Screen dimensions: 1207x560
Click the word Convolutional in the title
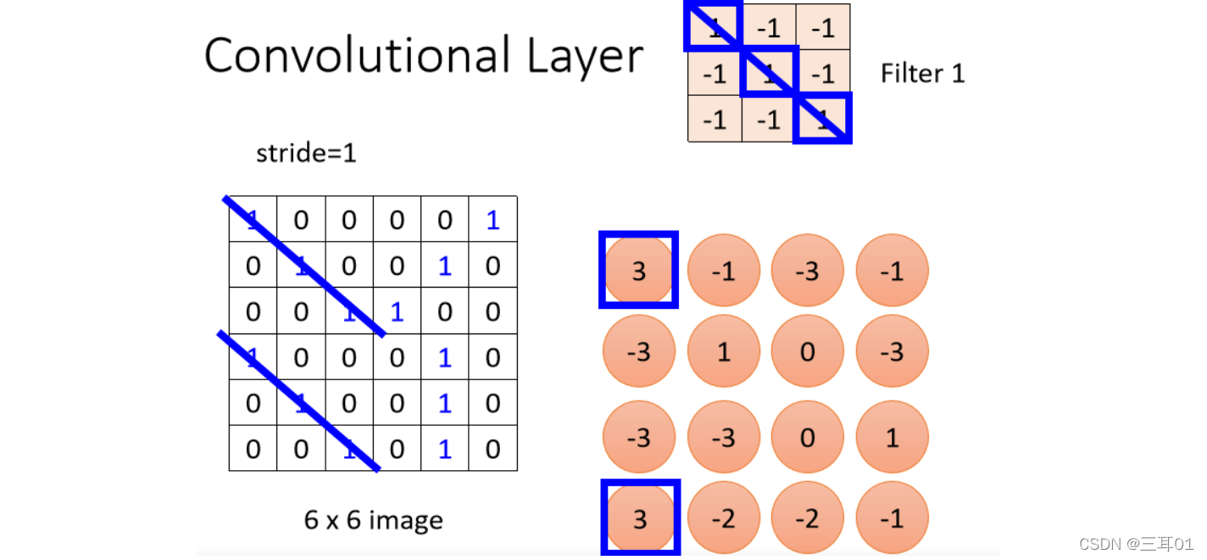click(x=357, y=55)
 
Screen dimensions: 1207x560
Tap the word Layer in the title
click(x=584, y=57)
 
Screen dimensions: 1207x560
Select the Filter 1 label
click(x=923, y=74)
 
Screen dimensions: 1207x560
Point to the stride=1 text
click(x=305, y=154)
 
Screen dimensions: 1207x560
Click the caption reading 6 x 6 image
click(x=373, y=519)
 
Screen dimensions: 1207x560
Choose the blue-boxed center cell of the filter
click(x=768, y=73)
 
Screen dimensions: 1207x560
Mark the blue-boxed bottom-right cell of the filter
click(x=821, y=119)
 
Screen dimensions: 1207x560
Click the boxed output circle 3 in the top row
click(x=639, y=270)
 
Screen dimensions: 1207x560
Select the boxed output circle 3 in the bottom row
click(x=640, y=518)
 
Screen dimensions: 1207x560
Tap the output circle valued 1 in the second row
click(x=723, y=351)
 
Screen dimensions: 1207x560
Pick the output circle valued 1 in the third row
click(x=892, y=437)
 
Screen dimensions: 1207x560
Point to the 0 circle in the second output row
click(x=807, y=351)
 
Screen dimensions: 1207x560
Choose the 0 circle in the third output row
click(x=807, y=437)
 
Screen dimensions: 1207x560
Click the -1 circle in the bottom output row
click(x=892, y=518)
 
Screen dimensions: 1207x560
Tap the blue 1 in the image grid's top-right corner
click(x=492, y=221)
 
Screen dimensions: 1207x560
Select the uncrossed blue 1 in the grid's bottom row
click(x=444, y=449)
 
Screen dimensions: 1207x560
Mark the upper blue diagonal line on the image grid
click(x=305, y=266)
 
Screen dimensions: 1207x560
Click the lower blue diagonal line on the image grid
click(x=298, y=400)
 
